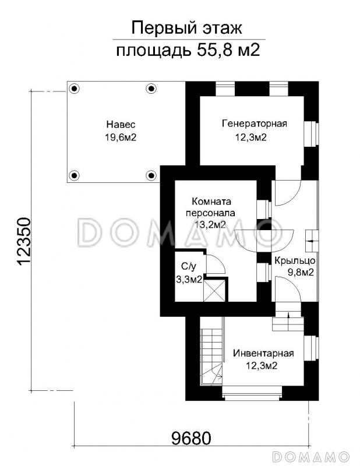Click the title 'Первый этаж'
(x=186, y=28)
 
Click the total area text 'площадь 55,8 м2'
(x=188, y=50)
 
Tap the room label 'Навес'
(x=121, y=124)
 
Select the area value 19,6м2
(x=121, y=137)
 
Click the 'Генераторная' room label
(x=255, y=123)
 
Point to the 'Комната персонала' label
(x=210, y=207)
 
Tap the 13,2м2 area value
(x=210, y=224)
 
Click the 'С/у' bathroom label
(x=189, y=267)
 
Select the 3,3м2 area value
(x=189, y=280)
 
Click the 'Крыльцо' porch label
(x=295, y=260)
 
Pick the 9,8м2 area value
(x=300, y=272)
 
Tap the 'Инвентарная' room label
(x=263, y=354)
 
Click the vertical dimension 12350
(x=24, y=241)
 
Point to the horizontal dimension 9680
(x=192, y=438)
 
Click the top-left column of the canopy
(x=74, y=89)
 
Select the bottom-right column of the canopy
(x=151, y=175)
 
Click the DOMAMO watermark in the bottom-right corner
(x=310, y=456)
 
